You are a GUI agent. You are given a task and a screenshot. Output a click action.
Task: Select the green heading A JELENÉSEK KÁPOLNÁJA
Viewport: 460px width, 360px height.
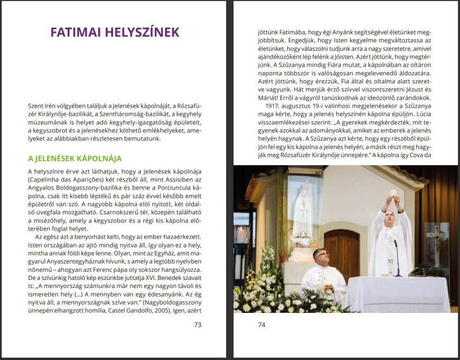tap(75, 159)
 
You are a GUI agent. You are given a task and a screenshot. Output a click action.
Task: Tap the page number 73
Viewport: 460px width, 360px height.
tap(197, 325)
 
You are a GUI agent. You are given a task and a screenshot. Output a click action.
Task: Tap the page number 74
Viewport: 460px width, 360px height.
tap(262, 325)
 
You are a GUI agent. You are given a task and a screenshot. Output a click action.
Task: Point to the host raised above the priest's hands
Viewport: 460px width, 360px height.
tap(393, 192)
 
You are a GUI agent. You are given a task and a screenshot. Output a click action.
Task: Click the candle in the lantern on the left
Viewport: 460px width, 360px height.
tap(242, 236)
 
